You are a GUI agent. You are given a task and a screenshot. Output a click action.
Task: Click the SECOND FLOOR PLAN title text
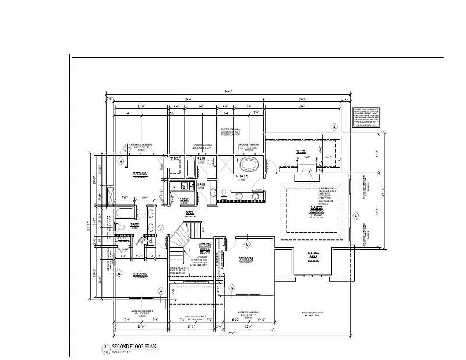[x=134, y=346]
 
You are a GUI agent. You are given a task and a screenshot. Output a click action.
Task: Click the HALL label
[x=190, y=214]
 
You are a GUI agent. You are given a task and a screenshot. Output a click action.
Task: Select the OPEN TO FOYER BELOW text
[x=204, y=249]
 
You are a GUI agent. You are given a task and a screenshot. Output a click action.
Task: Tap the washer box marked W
[x=183, y=186]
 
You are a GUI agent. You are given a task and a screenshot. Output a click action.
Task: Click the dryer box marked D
[x=174, y=186]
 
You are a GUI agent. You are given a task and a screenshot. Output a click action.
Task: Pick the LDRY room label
[x=184, y=200]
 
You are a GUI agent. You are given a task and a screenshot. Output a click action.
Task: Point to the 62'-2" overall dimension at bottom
[x=232, y=333]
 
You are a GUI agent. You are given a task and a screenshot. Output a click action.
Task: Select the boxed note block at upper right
[x=369, y=117]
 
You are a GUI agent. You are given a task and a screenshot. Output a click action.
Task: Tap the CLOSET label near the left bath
[x=123, y=238]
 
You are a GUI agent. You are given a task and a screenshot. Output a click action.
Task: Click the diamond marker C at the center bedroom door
[x=248, y=244]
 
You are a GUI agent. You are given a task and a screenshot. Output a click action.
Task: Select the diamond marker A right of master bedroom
[x=355, y=216]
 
